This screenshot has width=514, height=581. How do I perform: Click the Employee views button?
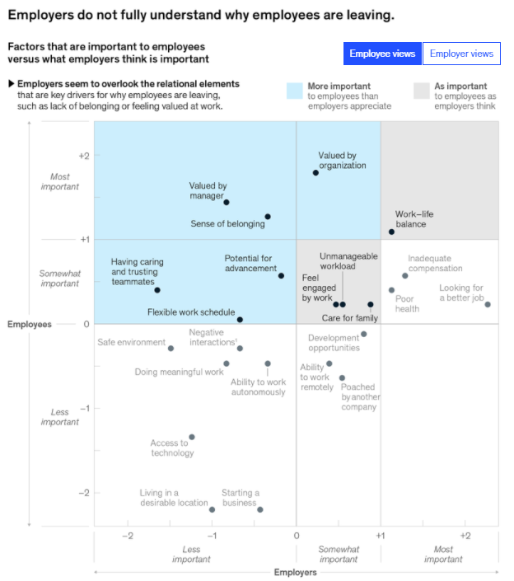click(382, 54)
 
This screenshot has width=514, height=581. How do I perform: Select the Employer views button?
click(461, 54)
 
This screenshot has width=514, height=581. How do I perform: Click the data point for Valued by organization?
click(315, 172)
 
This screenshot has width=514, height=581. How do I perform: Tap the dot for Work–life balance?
click(391, 232)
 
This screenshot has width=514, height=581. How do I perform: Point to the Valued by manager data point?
click(227, 202)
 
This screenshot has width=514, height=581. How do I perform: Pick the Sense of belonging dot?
click(268, 217)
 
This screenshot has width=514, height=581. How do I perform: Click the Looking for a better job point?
click(488, 304)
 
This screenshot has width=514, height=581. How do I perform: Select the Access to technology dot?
click(192, 437)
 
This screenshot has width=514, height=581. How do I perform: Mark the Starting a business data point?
click(259, 509)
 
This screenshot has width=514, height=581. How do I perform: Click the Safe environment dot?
click(171, 348)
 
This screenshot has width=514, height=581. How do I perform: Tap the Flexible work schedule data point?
click(240, 319)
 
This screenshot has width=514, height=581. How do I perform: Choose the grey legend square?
click(421, 90)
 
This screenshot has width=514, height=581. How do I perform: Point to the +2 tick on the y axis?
click(83, 156)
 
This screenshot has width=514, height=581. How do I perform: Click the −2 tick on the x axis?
click(128, 535)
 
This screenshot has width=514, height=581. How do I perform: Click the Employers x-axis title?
click(295, 572)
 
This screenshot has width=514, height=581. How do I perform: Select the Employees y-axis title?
click(30, 324)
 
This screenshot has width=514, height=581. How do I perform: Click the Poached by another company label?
click(361, 396)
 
